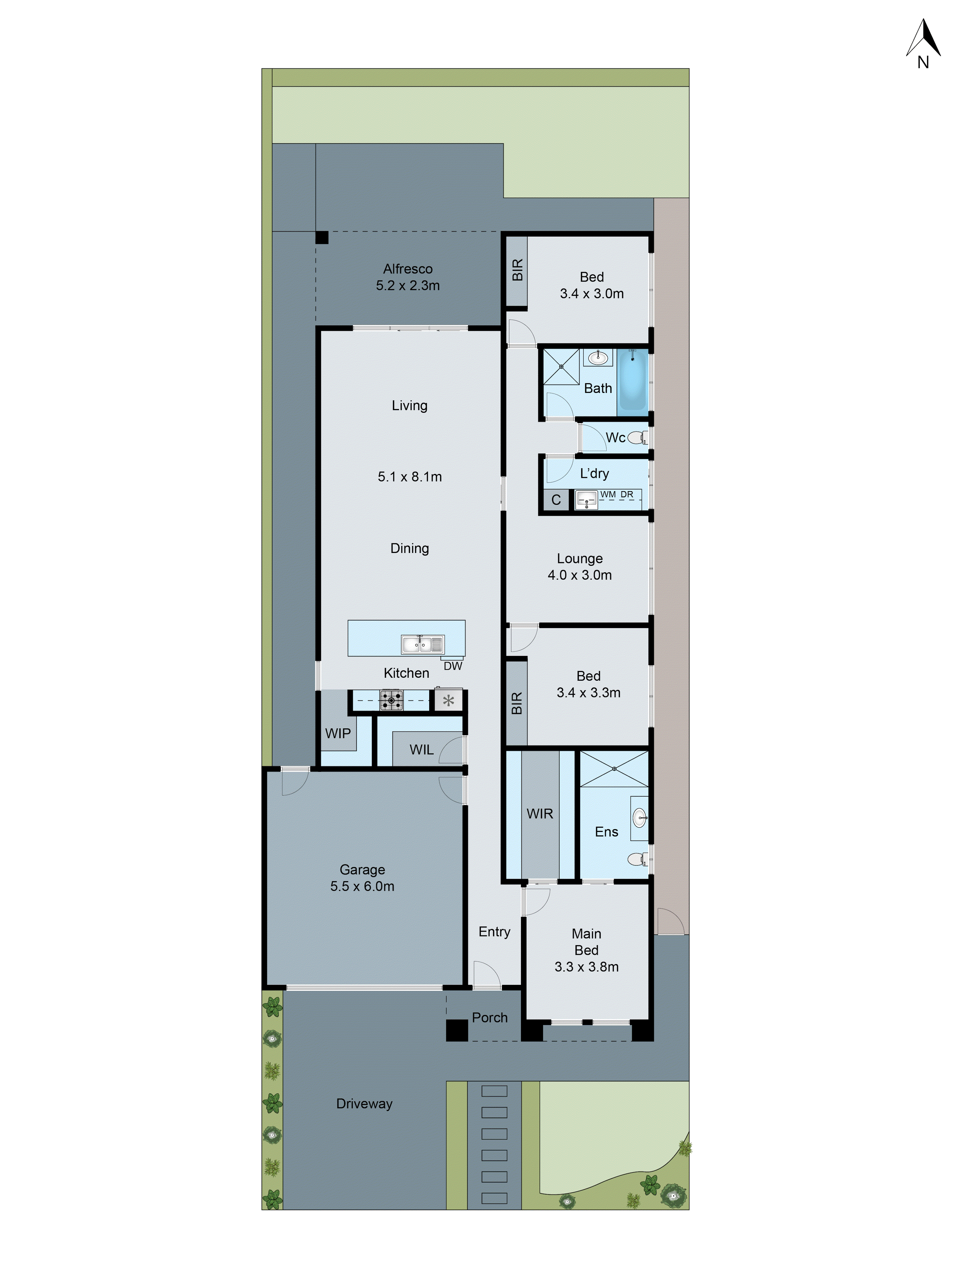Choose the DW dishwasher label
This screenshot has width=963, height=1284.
click(453, 666)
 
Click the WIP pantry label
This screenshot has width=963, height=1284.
click(338, 733)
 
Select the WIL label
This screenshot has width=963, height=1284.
click(421, 749)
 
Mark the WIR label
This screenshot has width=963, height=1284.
click(540, 814)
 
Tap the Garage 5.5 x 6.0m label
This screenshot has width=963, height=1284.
click(362, 878)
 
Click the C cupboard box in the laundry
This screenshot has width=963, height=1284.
click(556, 500)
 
